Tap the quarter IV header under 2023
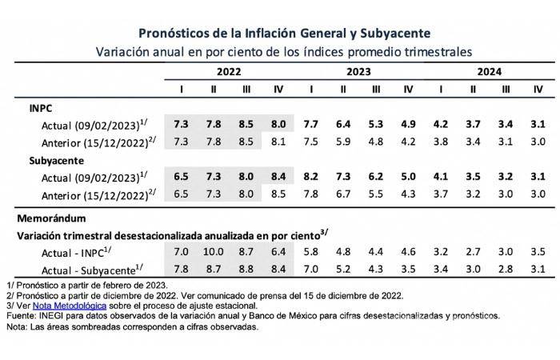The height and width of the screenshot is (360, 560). (x=407, y=89)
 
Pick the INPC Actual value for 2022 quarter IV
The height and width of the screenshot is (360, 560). (x=278, y=124)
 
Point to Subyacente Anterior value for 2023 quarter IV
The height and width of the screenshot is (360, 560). (x=407, y=193)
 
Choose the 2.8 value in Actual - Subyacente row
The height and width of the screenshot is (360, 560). (x=505, y=270)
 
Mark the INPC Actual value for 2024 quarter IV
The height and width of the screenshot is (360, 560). (x=538, y=124)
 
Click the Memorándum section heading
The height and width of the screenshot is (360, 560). (x=54, y=217)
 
